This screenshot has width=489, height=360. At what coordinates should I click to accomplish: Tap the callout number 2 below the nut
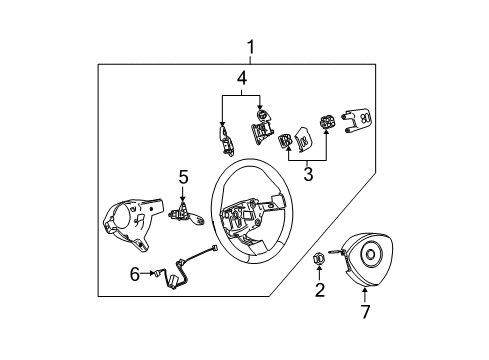pos(320,291)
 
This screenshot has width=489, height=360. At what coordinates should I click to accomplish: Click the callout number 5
pos(183,177)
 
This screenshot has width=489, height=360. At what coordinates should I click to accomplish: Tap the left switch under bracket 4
pos(226,134)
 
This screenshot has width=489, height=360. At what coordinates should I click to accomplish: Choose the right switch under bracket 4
pos(261,130)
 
